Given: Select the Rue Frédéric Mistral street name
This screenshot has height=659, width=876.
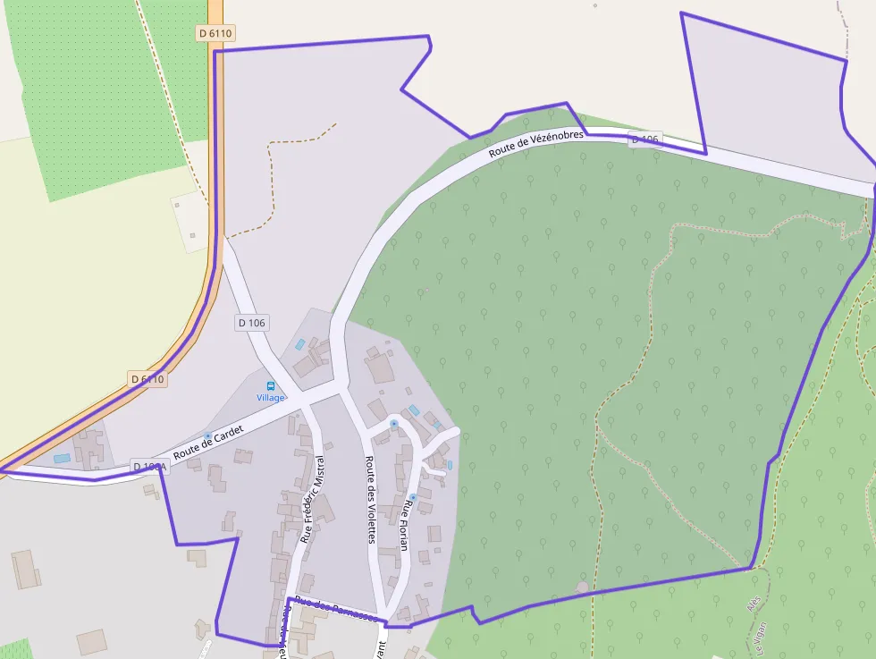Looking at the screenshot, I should click(x=313, y=499).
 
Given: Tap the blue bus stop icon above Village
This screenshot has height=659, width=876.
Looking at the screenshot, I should click(x=271, y=386).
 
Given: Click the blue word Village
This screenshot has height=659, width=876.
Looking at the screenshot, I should click(x=271, y=398).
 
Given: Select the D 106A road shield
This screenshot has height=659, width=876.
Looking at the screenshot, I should click(x=149, y=467).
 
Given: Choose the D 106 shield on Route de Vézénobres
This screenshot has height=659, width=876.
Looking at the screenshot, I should click(x=644, y=139).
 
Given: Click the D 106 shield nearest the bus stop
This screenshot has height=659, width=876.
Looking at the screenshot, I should click(x=252, y=322).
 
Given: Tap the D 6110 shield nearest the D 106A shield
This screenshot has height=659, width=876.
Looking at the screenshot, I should click(x=148, y=379).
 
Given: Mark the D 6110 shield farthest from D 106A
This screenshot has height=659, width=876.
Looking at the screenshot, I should click(x=215, y=33).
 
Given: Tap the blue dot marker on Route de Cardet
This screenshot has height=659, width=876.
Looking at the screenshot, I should click(x=207, y=435).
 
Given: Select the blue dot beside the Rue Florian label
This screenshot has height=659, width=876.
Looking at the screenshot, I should click(x=412, y=496).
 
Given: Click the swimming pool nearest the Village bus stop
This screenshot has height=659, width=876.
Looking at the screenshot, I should click(x=300, y=343).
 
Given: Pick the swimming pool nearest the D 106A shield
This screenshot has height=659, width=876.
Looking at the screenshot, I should click(x=61, y=458).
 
